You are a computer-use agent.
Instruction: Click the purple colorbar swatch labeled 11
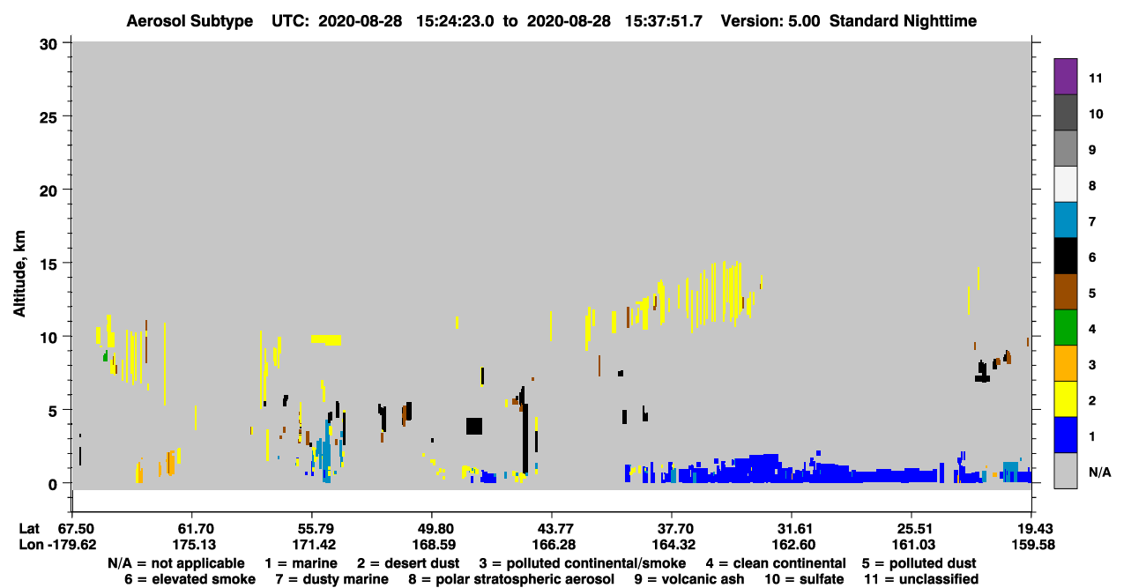(1065, 76)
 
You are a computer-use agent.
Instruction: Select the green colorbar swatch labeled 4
(1065, 328)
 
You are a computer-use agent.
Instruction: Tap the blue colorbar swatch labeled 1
(1065, 435)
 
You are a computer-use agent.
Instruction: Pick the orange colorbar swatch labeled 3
(1065, 363)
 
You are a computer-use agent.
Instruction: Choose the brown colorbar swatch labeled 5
(1065, 292)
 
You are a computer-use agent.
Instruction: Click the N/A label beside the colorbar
(1099, 473)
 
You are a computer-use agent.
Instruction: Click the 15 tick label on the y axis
(48, 264)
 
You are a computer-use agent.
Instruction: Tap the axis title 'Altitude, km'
(19, 274)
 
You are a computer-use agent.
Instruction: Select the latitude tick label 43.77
(554, 529)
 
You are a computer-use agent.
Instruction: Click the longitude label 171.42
(314, 545)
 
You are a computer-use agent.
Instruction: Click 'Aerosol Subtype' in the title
(190, 21)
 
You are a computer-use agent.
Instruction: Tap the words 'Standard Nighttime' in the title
(903, 21)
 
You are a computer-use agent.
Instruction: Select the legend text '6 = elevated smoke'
(190, 579)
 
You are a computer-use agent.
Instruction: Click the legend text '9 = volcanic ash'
(689, 579)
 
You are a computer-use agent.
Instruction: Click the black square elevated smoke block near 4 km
(474, 427)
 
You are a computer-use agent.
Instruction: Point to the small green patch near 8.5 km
(106, 355)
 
